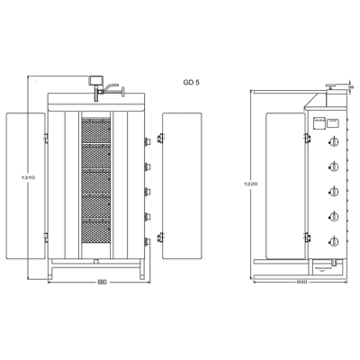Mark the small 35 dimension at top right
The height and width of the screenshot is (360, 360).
pyautogui.click(x=351, y=88)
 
